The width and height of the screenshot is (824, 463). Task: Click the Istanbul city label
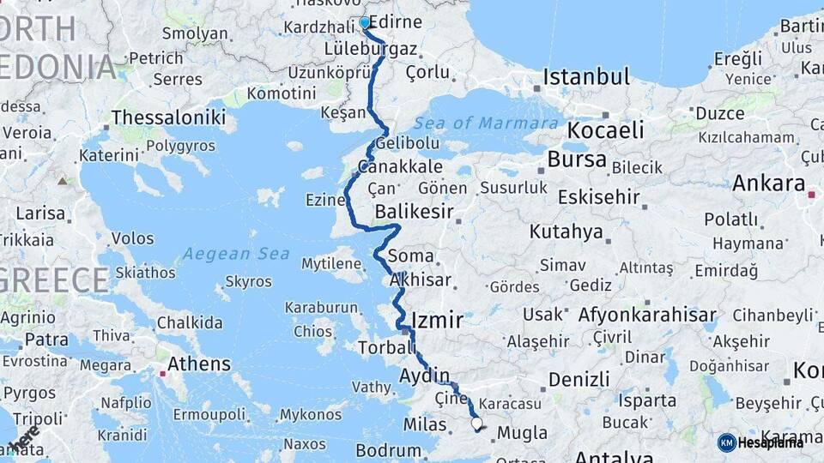[x=587, y=76]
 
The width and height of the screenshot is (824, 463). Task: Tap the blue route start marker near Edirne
[x=365, y=23]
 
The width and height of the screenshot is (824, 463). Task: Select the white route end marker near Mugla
[x=476, y=423]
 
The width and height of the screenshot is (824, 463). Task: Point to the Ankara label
[x=768, y=183]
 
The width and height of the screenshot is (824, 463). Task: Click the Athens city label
[x=199, y=364]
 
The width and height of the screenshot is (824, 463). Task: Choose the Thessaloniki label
[x=168, y=117]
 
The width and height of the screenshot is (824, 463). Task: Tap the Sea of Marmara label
[x=486, y=123]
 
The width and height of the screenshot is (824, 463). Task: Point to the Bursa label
[x=577, y=159]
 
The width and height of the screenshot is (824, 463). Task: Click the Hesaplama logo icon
[x=727, y=442]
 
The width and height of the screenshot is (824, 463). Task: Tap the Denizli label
[x=579, y=379]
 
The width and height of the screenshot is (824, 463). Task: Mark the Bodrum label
[x=388, y=450]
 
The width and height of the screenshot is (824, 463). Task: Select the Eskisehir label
[x=598, y=197]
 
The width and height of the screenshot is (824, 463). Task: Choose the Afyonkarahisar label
[x=647, y=315]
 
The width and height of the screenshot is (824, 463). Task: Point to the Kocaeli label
[x=605, y=130]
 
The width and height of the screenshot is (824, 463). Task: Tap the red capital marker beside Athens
[x=163, y=372]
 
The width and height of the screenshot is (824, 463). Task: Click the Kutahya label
[x=566, y=231]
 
